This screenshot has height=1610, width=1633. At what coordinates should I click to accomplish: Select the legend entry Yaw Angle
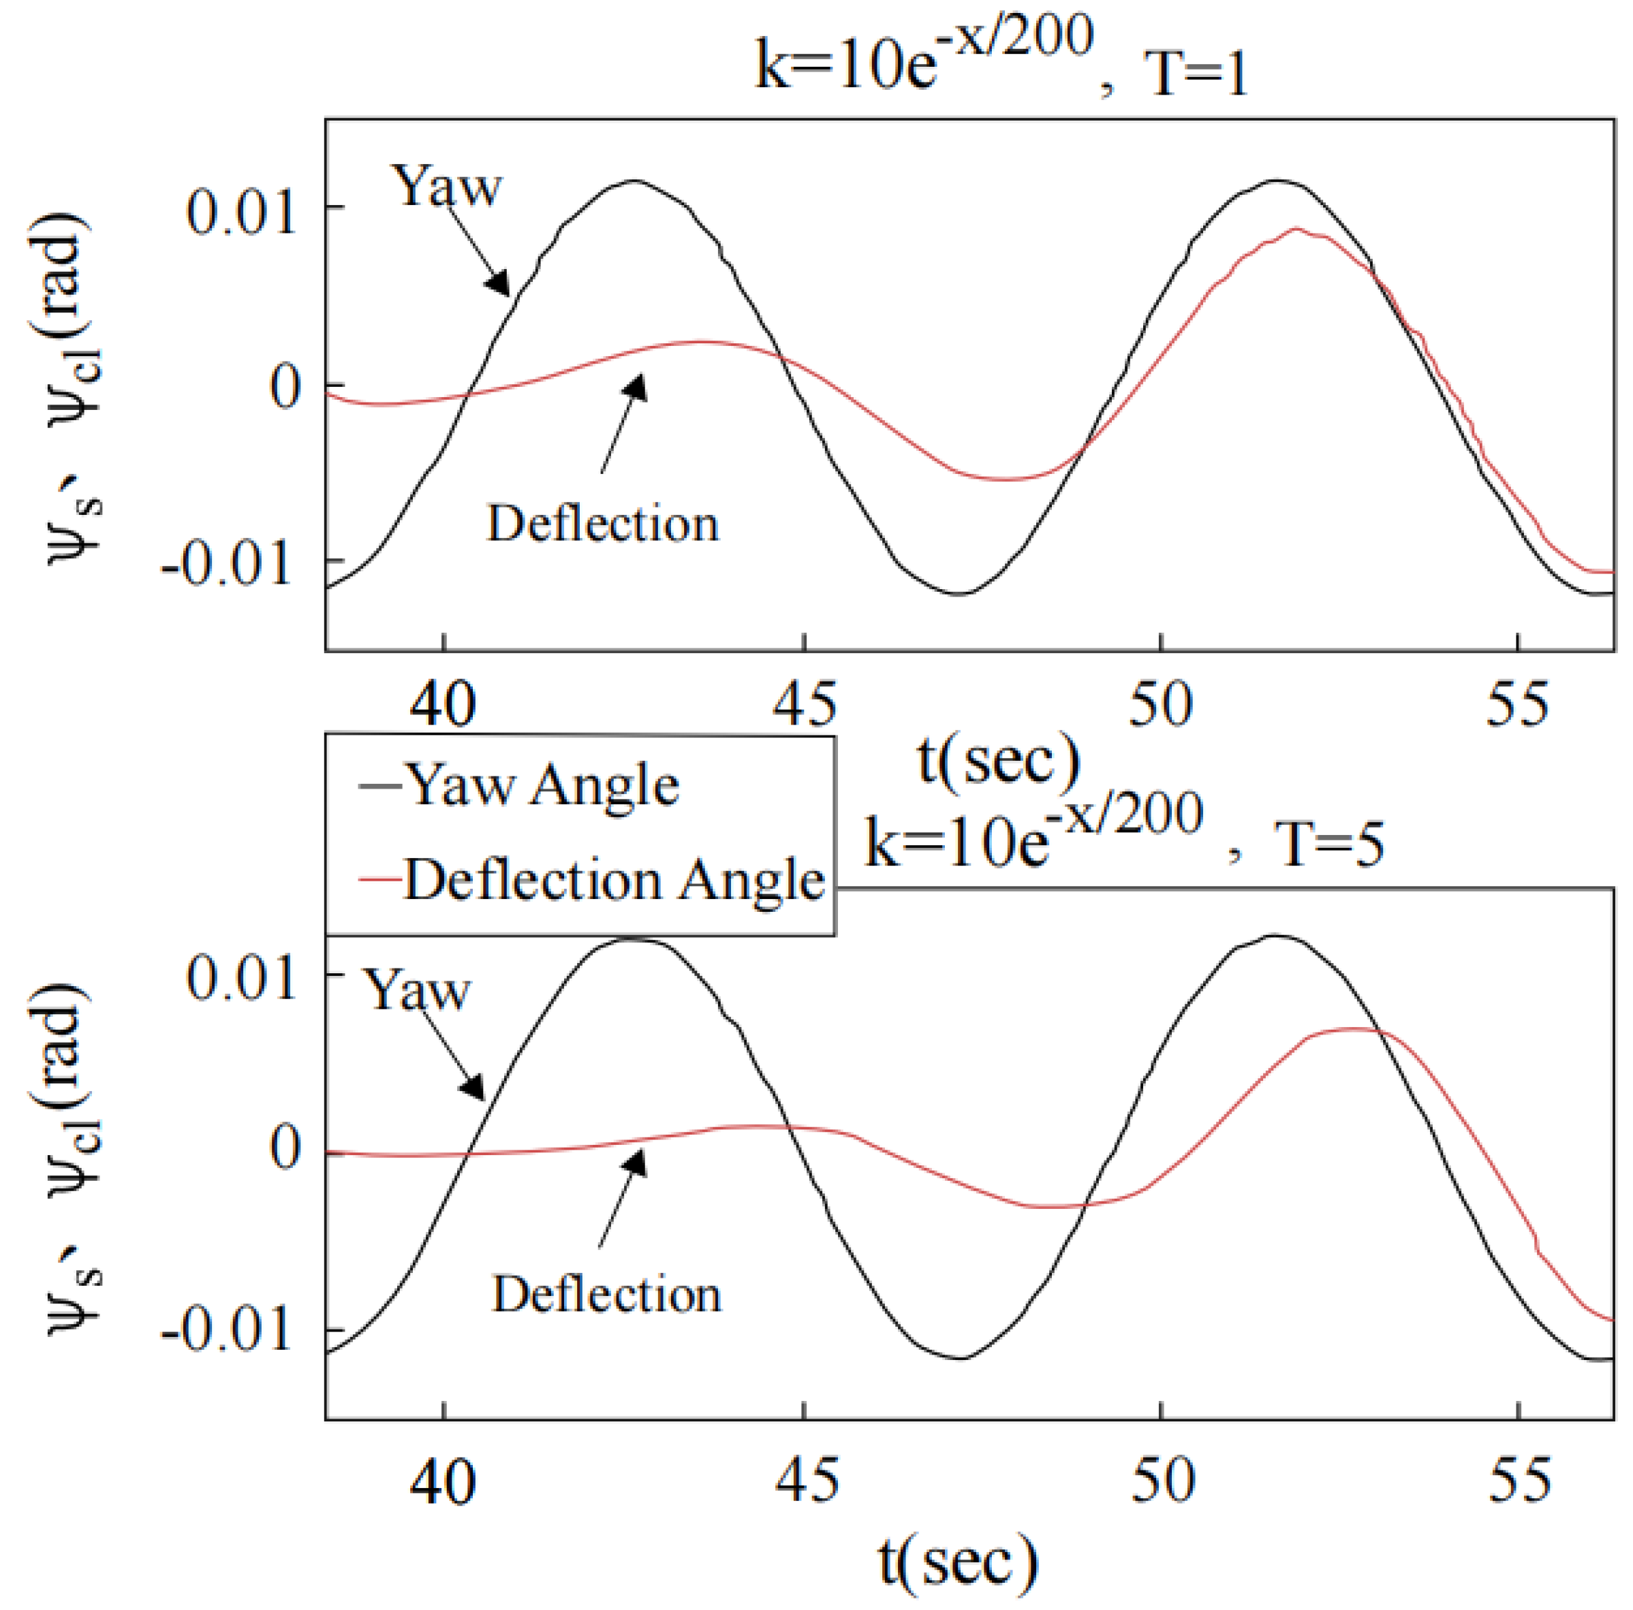[x=542, y=786]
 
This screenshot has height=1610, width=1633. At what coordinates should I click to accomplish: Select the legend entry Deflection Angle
[x=612, y=880]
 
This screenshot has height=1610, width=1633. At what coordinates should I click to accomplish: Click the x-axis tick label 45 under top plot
[x=805, y=704]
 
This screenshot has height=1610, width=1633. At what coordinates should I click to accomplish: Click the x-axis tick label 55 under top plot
[x=1518, y=704]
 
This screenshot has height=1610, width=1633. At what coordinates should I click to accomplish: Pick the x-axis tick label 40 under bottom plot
[x=443, y=1481]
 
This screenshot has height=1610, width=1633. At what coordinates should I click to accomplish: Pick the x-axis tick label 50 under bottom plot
[x=1163, y=1481]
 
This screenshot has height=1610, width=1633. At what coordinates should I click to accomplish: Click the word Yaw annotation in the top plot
[x=447, y=186]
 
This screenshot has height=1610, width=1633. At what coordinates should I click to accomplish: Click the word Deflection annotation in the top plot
[x=603, y=523]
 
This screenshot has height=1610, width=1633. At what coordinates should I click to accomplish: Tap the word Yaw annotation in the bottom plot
[x=417, y=990]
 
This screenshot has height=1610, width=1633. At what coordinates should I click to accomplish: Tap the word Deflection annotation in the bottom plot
[x=606, y=1294]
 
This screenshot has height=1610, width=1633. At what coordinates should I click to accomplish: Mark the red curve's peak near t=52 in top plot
[x=1295, y=229]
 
